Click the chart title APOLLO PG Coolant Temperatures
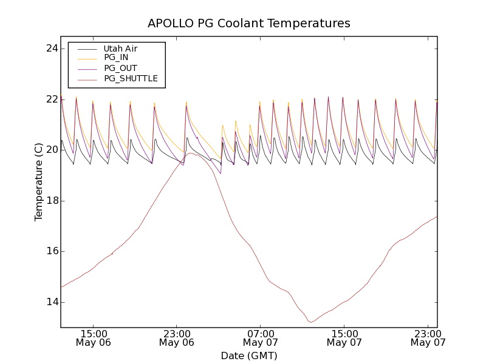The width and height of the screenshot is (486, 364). [x=249, y=24]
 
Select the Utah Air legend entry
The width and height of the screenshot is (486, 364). [x=120, y=49]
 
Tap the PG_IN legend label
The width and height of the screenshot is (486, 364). [x=116, y=58]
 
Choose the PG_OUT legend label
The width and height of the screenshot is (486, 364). [x=120, y=69]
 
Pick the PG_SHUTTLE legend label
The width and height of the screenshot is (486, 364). [x=131, y=79]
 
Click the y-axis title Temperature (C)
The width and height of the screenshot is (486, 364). [x=39, y=182]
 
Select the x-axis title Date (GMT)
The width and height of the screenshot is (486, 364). [x=249, y=356]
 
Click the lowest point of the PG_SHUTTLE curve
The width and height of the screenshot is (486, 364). [x=311, y=322]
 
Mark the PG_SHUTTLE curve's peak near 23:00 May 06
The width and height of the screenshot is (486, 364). [x=190, y=153]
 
